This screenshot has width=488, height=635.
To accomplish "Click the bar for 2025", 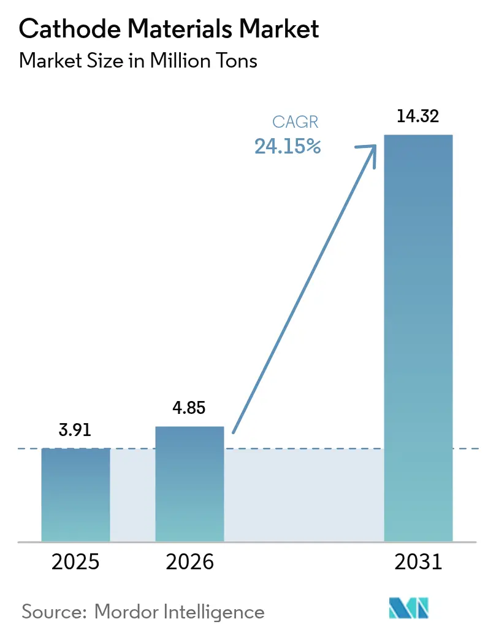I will point(75,494).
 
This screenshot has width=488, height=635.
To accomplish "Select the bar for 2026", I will point(189,484).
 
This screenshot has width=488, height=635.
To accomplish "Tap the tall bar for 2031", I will point(418,338).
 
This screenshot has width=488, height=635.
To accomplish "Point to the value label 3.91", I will point(75,430).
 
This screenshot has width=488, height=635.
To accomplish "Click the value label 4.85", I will point(189,408).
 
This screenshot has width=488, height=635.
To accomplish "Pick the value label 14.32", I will point(418,117).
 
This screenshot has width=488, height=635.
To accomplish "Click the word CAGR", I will point(295,123).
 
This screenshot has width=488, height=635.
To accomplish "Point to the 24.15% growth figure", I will point(288,147).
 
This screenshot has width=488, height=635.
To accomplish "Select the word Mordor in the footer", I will point(131,612).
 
